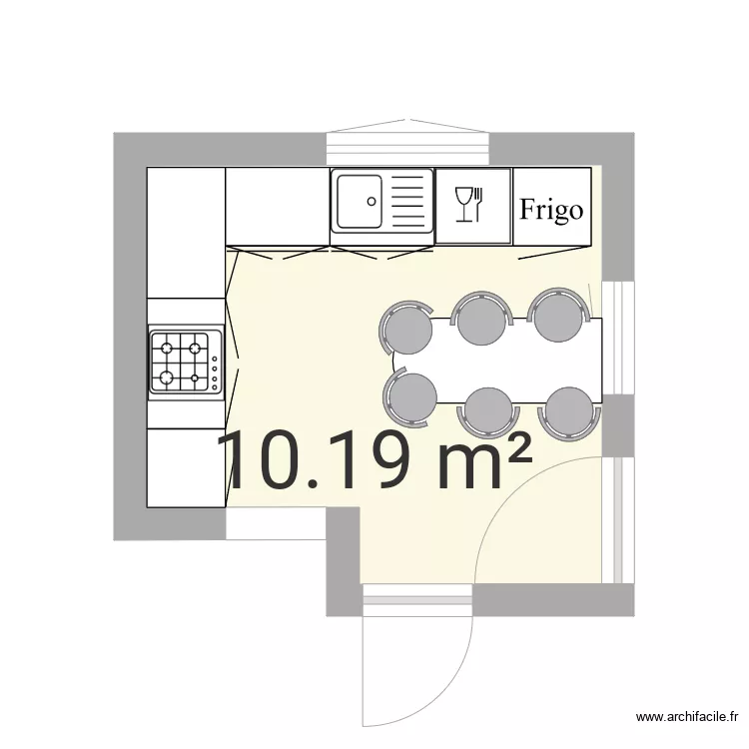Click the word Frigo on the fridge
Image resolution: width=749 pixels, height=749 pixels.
tap(551, 210)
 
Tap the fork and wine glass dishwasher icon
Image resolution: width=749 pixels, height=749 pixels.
tap(468, 204)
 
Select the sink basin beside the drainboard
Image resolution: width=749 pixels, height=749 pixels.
tap(359, 200)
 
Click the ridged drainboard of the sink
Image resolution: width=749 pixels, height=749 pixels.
tap(407, 200)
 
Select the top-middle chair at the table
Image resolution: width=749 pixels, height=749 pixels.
tap(480, 319)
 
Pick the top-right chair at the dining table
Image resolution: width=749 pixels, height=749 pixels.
tap(556, 317)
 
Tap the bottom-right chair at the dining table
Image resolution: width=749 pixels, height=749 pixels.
tap(569, 407)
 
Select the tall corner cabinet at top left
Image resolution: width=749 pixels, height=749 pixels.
tap(186, 232)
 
